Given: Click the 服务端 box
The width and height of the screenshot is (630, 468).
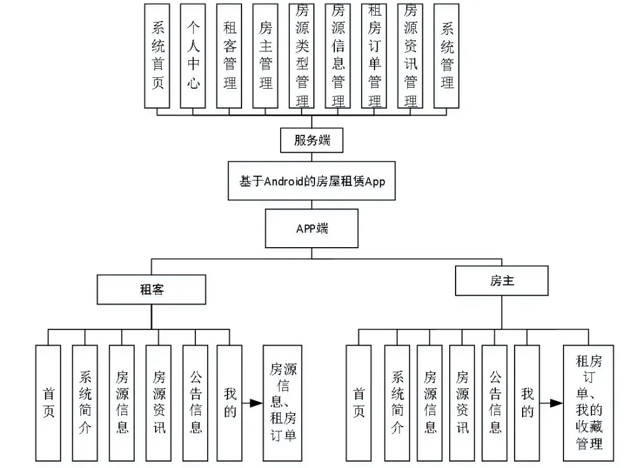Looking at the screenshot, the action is tap(311, 140).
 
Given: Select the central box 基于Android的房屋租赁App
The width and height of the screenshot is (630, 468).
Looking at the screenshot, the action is tap(311, 181).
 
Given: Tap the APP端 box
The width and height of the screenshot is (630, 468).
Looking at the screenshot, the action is tap(311, 228).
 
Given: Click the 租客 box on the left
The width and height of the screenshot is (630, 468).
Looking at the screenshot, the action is tap(152, 289).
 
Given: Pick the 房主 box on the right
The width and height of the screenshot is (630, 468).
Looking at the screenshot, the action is tap(502, 280).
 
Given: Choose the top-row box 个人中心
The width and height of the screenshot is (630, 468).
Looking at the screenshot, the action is tap(193, 56).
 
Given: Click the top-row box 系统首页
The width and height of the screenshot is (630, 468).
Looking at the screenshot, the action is tap(157, 56).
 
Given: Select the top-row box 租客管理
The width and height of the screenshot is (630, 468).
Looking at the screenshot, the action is tap(229, 56).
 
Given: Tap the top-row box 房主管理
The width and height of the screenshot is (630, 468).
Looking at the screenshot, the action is tap(265, 56).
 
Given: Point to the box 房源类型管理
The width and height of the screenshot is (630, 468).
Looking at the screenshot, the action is tap(302, 56).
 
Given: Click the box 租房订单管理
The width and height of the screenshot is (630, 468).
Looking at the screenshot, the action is tap(374, 56).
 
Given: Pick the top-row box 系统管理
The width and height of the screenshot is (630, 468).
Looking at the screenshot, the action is tap(446, 56).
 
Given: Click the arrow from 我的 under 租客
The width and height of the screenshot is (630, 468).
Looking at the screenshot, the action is tap(253, 403).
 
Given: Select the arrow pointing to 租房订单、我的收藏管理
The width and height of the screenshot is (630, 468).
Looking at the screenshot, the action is tap(551, 403).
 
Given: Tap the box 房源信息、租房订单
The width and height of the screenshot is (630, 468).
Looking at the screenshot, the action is tap(282, 403).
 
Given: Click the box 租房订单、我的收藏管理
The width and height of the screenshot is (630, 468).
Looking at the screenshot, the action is tap(588, 403).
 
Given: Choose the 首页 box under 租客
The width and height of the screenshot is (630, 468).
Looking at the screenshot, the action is tap(48, 403).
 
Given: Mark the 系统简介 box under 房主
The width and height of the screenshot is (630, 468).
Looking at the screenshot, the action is tap(397, 403).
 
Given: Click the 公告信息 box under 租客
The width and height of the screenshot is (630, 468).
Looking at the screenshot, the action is tap(195, 403).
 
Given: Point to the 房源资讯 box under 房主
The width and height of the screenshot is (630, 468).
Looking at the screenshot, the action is tap(462, 403).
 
